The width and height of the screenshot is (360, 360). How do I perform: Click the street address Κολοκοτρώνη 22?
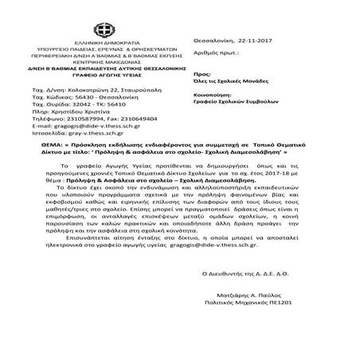coord(99,90)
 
